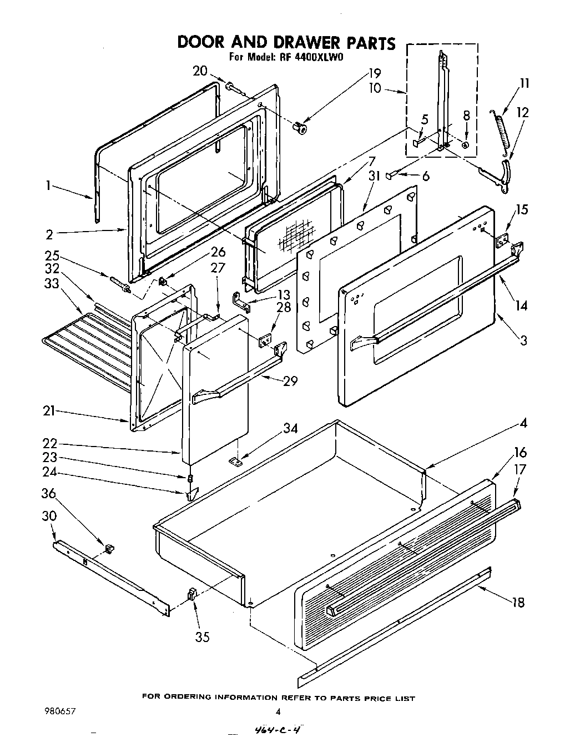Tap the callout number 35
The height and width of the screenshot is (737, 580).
203,637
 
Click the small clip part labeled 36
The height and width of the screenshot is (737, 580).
109,548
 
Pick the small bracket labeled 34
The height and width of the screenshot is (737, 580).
237,461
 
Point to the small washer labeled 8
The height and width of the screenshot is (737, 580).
465,144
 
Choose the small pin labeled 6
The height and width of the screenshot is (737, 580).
392,176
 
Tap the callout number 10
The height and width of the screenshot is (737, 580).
375,88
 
